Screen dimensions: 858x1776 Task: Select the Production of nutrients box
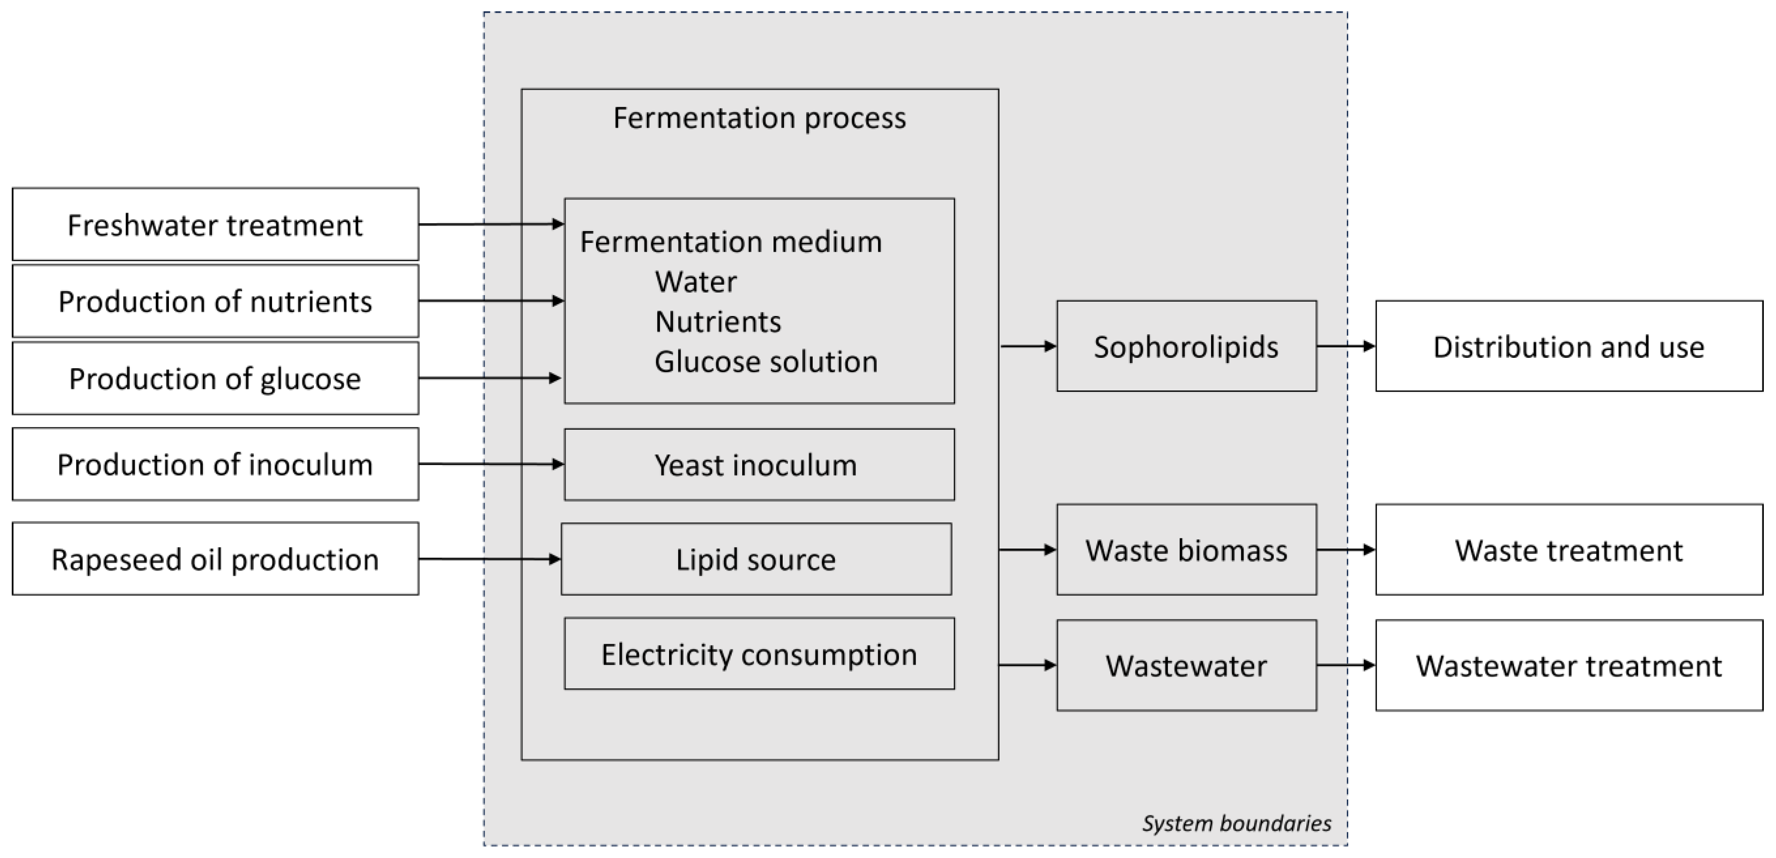pos(215,301)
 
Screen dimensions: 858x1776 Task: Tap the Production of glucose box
pos(215,379)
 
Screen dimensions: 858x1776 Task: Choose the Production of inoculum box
pos(215,464)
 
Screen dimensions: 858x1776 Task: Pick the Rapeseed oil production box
pos(215,559)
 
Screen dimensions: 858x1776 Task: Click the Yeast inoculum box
pos(758,465)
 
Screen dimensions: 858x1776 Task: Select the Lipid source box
pos(756,559)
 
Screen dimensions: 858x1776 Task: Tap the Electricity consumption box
pos(758,654)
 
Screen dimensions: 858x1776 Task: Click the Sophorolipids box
pos(1186,346)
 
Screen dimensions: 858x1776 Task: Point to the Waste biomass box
pos(1186,550)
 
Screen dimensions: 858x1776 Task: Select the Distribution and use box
pos(1568,346)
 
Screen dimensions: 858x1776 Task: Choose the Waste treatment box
pos(1568,550)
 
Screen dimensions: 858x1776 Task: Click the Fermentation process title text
pos(759,118)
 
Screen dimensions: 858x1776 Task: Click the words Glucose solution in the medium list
pos(765,361)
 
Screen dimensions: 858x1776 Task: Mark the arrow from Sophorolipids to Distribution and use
pos(1346,346)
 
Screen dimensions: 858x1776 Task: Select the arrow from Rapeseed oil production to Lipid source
pos(490,559)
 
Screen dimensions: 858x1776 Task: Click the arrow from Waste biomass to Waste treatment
pos(1346,550)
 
